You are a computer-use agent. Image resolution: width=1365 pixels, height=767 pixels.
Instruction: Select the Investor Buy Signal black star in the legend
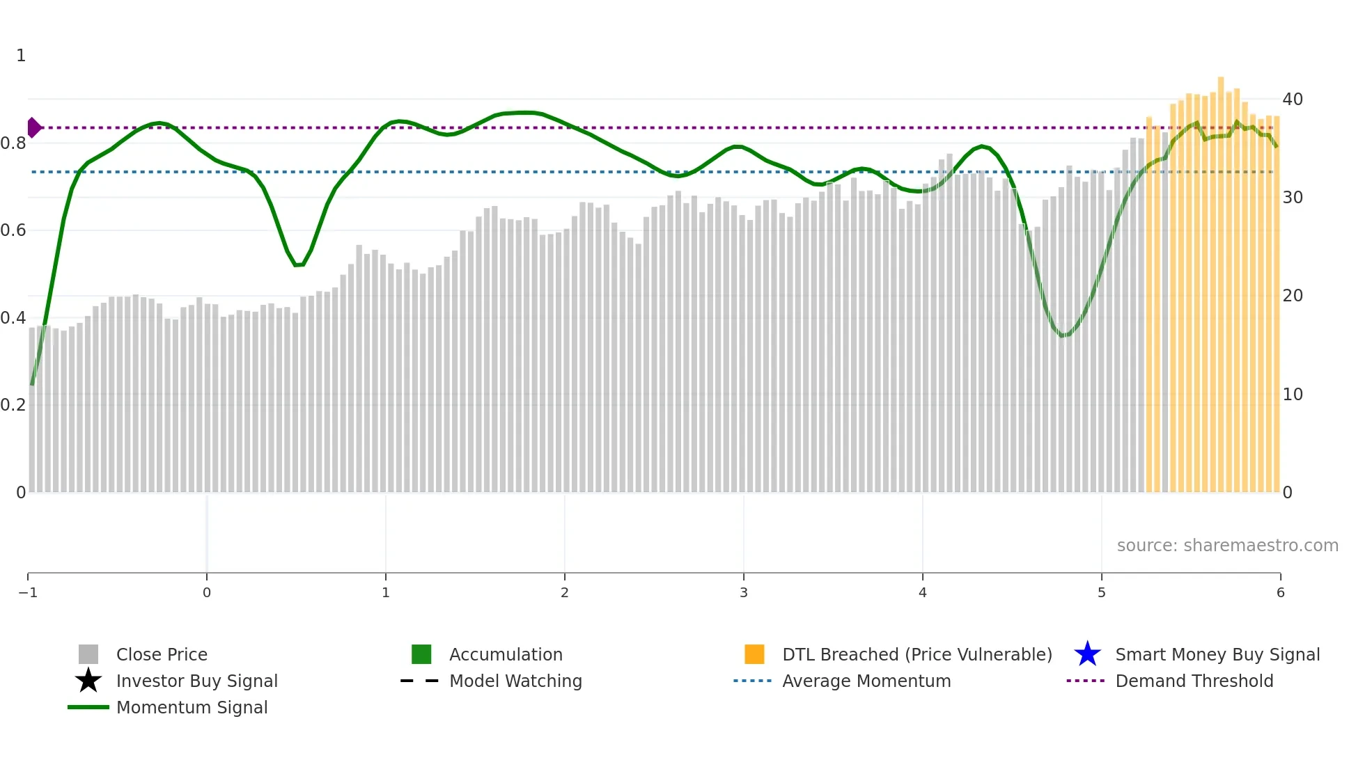coord(88,681)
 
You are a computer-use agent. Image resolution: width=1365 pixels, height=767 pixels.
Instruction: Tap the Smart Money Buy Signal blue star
coord(1087,654)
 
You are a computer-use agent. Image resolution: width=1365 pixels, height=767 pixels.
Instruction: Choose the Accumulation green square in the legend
coord(421,654)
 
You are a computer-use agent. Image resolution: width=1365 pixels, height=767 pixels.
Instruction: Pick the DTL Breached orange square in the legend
coord(754,654)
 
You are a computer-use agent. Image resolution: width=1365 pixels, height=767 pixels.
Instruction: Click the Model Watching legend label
coord(515,681)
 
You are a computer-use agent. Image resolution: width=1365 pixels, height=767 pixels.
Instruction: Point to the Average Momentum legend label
coord(866,681)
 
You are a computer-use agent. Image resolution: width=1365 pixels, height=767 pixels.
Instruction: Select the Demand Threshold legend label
coord(1194,681)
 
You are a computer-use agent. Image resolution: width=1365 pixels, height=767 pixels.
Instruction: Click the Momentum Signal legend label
coord(192,707)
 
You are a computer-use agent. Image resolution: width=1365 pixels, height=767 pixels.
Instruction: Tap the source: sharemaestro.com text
coord(1227,545)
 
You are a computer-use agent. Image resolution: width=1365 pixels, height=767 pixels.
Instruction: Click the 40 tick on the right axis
coord(1293,100)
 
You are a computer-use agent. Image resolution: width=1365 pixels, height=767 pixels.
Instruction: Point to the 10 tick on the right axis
coord(1293,395)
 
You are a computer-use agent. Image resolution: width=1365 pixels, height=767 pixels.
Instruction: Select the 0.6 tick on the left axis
coord(13,230)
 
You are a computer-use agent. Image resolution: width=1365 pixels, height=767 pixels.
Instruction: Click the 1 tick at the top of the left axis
coord(21,56)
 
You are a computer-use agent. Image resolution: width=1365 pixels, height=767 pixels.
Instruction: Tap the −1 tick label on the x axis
coord(28,592)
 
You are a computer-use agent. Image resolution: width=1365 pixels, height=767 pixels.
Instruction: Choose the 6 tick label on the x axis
coord(1280,592)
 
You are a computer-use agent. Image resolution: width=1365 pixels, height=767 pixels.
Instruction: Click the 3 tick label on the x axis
coord(743,592)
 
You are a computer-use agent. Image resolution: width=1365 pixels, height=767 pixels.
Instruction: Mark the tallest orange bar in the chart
coord(1221,278)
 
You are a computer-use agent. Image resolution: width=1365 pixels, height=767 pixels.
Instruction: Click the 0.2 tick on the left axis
coord(13,405)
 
